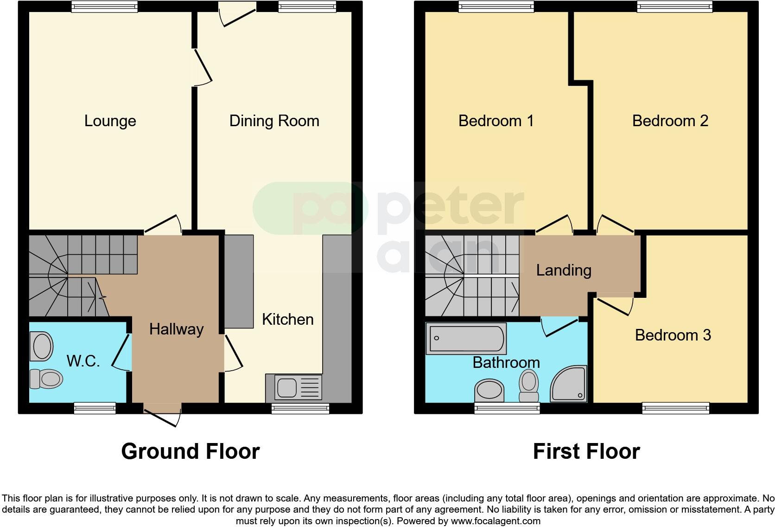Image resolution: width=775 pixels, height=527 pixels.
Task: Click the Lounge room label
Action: (110, 121)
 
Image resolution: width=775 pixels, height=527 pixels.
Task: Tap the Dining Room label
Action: (274, 121)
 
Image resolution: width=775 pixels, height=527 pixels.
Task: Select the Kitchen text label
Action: (287, 319)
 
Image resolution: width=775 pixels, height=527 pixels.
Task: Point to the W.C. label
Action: (83, 360)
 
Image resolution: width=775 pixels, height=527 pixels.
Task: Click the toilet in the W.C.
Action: (46, 379)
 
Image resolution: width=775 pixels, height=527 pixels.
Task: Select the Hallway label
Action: (176, 329)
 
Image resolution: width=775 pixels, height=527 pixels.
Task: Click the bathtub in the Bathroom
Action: (465, 339)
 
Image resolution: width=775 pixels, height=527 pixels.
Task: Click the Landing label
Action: (564, 270)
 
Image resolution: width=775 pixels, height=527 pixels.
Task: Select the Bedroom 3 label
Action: (673, 335)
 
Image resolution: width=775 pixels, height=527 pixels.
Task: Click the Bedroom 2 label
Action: (670, 121)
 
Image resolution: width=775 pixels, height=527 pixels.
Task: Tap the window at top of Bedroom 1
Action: (496, 6)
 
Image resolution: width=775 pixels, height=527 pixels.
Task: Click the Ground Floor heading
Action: (190, 451)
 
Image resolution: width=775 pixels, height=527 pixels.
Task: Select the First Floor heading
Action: (586, 451)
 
